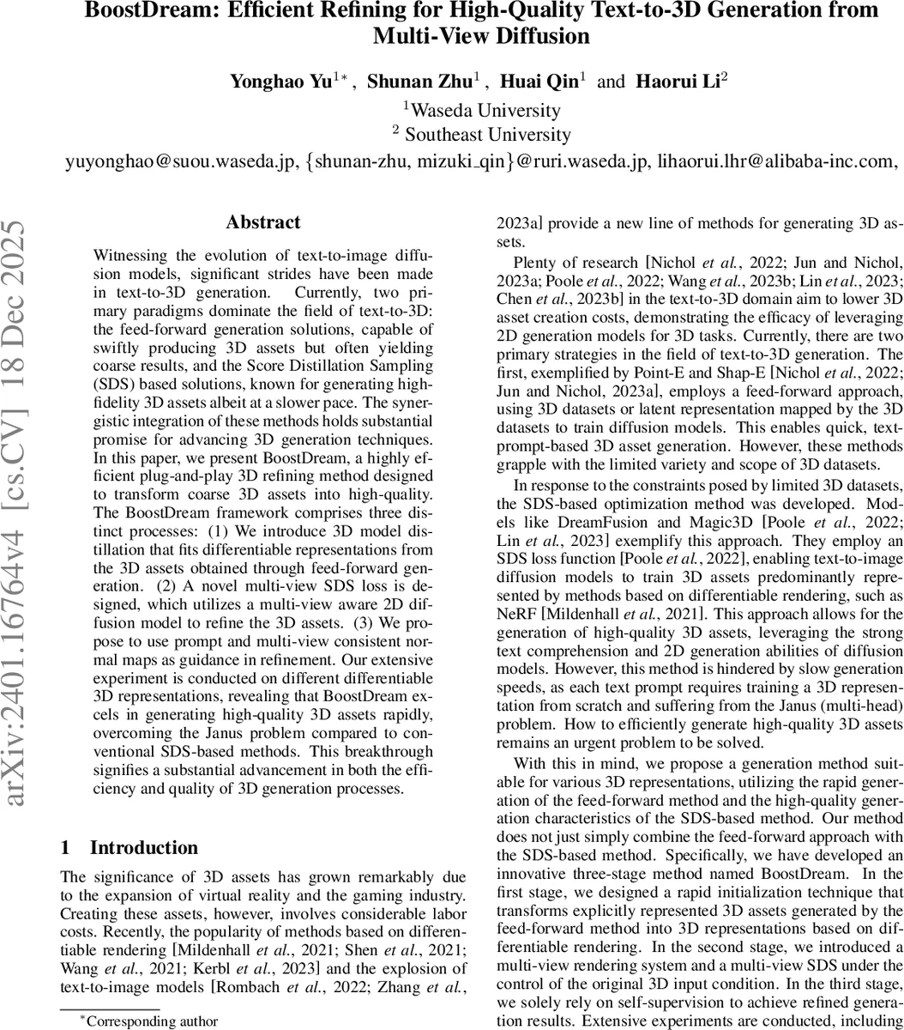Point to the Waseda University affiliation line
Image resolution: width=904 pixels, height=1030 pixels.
coord(482,110)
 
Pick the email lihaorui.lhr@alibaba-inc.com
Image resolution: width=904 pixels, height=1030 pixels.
coord(778,161)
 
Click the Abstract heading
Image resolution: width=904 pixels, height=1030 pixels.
coord(263,222)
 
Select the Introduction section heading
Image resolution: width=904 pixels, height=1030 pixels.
coord(144,848)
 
